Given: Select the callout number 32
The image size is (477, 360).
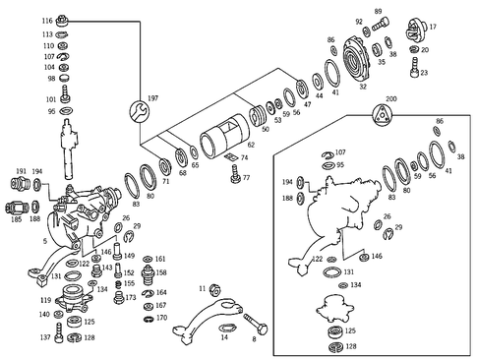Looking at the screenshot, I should (x=363, y=87).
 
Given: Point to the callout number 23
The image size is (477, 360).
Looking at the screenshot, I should (x=425, y=73).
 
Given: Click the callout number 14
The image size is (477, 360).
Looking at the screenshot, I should (x=224, y=337).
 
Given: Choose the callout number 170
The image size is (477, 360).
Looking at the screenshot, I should (x=162, y=319).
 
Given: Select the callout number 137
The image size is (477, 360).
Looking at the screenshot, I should (x=45, y=337).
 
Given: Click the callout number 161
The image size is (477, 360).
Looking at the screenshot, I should (x=161, y=259).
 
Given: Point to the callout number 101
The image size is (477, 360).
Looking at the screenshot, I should (x=50, y=99).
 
